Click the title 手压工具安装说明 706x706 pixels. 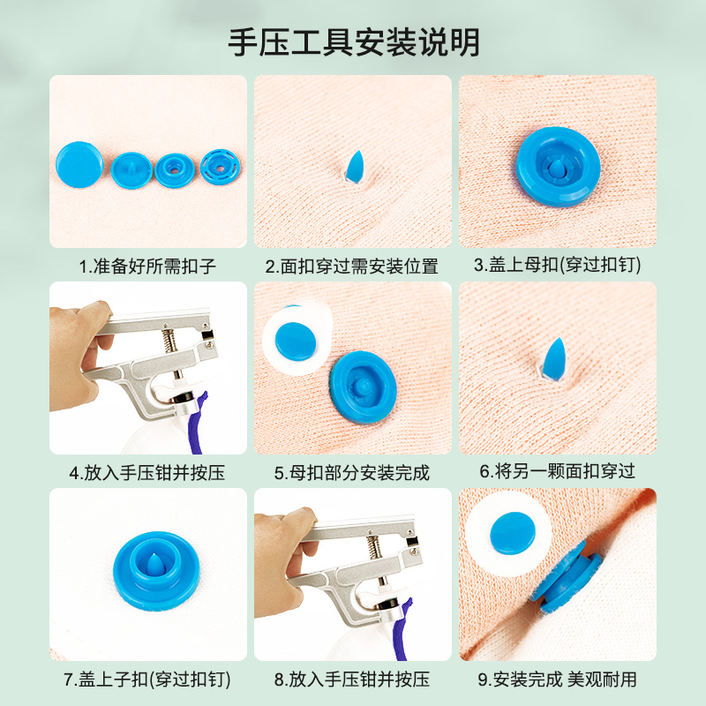(354, 42)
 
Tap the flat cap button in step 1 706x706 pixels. (79, 164)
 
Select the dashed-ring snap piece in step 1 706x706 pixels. (220, 168)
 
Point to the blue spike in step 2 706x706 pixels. (355, 166)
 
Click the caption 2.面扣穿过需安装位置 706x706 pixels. (351, 267)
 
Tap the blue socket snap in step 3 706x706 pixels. (559, 167)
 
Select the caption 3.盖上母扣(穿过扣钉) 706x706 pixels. (558, 265)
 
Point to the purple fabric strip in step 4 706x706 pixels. (198, 424)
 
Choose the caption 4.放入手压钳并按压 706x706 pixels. (147, 473)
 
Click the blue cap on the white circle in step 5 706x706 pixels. (296, 342)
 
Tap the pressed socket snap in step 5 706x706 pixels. (363, 387)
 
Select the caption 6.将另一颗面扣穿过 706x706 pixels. (558, 471)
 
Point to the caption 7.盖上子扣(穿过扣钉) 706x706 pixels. (147, 680)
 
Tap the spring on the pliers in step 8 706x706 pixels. (373, 546)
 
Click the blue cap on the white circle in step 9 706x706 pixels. (513, 533)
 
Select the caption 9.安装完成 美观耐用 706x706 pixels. (558, 680)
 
